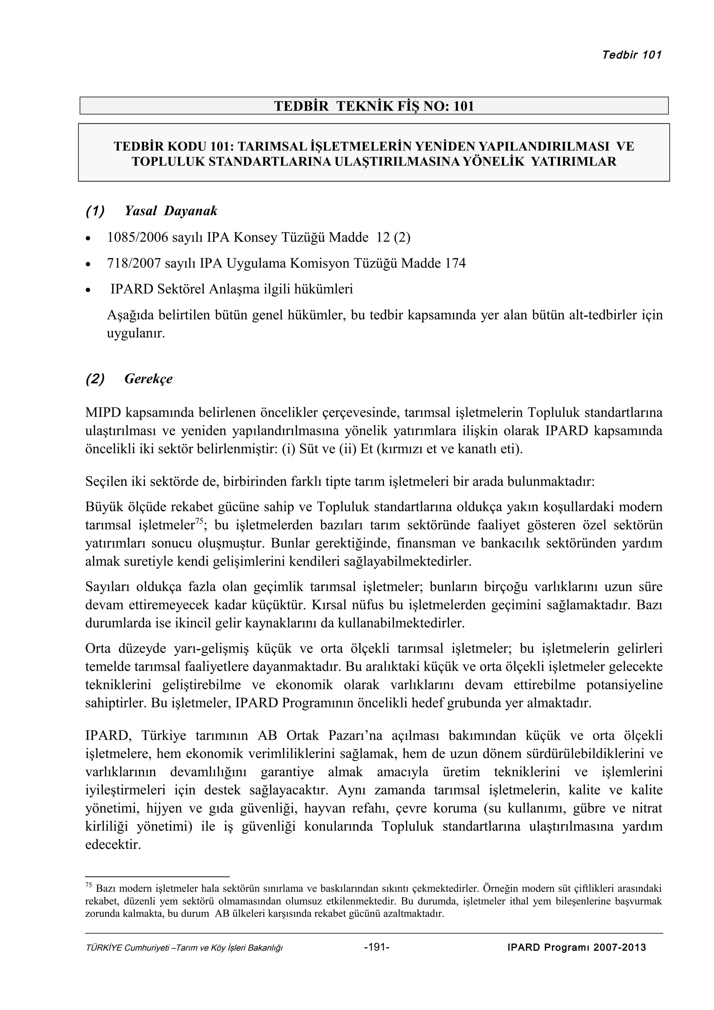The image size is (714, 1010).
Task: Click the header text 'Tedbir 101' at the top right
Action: click(631, 55)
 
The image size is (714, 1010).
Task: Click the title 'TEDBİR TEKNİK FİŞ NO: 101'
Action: click(374, 106)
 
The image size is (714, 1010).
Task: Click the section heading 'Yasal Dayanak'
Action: click(171, 211)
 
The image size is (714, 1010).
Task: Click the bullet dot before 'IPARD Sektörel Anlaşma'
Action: click(89, 291)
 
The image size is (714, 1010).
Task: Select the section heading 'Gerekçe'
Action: click(148, 379)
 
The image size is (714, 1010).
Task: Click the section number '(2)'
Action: click(95, 379)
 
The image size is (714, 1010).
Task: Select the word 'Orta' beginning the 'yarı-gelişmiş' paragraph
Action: click(97, 649)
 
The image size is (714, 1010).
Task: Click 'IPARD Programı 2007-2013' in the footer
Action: click(576, 947)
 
